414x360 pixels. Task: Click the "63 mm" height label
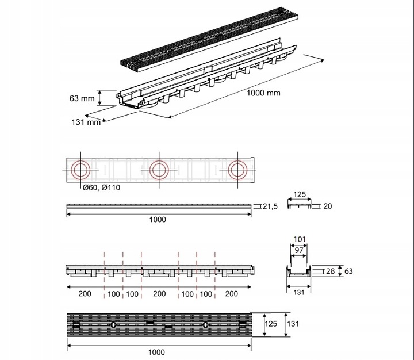pyautogui.click(x=82, y=98)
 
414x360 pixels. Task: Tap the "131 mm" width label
pyautogui.click(x=86, y=121)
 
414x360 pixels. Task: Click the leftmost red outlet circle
pyautogui.click(x=80, y=170)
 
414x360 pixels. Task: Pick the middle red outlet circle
pyautogui.click(x=158, y=170)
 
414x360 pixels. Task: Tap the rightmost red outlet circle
pyautogui.click(x=236, y=170)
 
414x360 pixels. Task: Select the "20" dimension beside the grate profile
pyautogui.click(x=328, y=206)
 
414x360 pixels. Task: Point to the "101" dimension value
pyautogui.click(x=299, y=239)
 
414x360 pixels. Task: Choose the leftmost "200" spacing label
pyautogui.click(x=86, y=294)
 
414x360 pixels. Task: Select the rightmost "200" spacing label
pyautogui.click(x=232, y=294)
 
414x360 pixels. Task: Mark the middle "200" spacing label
pyautogui.click(x=159, y=294)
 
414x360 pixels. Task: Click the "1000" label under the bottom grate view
pyautogui.click(x=157, y=352)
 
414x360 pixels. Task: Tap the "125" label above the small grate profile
pyautogui.click(x=300, y=196)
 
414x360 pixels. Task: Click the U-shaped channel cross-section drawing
pyautogui.click(x=299, y=274)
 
